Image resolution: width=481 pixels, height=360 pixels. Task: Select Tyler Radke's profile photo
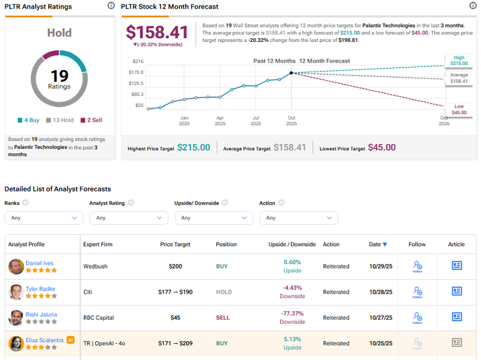pyautogui.click(x=16, y=292)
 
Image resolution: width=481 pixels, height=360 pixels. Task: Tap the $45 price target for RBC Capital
pyautogui.click(x=175, y=317)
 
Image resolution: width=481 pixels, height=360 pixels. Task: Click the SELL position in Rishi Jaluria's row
pyautogui.click(x=224, y=317)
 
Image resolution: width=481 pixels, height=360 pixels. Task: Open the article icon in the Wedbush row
pyautogui.click(x=457, y=265)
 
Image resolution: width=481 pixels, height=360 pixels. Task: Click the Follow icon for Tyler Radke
pyautogui.click(x=417, y=292)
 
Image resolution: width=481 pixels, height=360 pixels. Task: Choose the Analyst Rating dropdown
pyautogui.click(x=128, y=218)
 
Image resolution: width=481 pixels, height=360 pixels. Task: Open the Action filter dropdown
pyautogui.click(x=298, y=218)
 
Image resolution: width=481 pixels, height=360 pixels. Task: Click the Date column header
pyautogui.click(x=378, y=244)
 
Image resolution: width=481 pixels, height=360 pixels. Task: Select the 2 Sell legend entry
pyautogui.click(x=92, y=120)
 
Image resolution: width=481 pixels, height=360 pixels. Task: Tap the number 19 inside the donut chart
pyautogui.click(x=59, y=76)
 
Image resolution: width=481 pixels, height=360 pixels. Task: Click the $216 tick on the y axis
pyautogui.click(x=138, y=61)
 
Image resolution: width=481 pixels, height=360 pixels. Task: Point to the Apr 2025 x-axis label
pyautogui.click(x=220, y=120)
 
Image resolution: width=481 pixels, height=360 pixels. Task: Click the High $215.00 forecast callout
pyautogui.click(x=459, y=61)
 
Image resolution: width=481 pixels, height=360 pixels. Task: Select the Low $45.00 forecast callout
pyautogui.click(x=459, y=110)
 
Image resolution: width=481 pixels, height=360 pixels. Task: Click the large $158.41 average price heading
pyautogui.click(x=157, y=32)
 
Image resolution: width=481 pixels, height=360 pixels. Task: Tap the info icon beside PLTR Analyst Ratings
pyautogui.click(x=111, y=6)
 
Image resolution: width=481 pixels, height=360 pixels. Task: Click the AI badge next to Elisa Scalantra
pyautogui.click(x=71, y=340)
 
